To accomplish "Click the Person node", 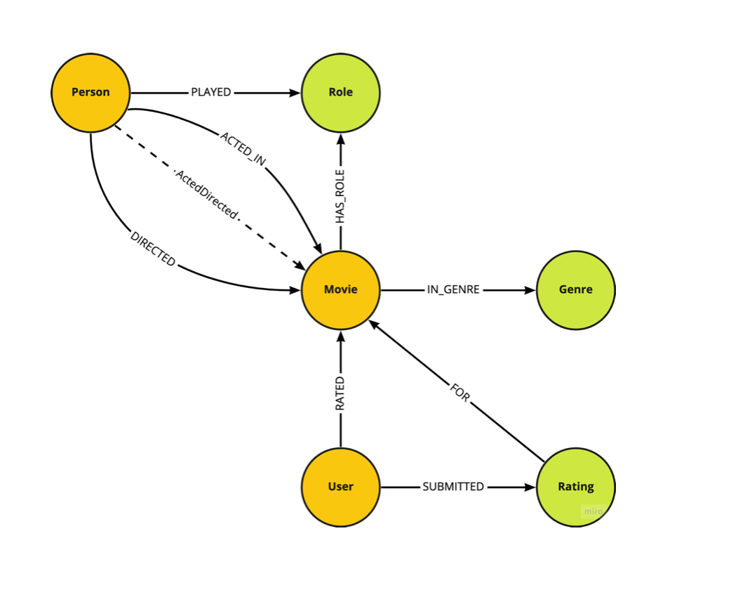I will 90,92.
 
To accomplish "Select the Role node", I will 340,92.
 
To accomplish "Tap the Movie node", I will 340,289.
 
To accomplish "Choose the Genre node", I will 575,289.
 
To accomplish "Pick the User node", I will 340,486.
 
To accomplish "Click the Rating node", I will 575,486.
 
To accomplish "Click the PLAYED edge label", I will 211,92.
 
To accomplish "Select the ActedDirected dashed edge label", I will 207,192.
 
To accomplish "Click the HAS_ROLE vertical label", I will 340,197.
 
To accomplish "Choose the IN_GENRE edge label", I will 453,289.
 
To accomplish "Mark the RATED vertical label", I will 340,393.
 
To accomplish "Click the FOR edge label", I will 459,393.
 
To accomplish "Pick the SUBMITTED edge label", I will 453,486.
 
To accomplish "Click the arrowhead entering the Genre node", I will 530,289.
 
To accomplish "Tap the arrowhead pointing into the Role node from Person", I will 294,92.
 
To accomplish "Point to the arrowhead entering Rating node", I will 530,486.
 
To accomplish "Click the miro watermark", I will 593,511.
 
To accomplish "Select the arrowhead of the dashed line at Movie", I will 300,267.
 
